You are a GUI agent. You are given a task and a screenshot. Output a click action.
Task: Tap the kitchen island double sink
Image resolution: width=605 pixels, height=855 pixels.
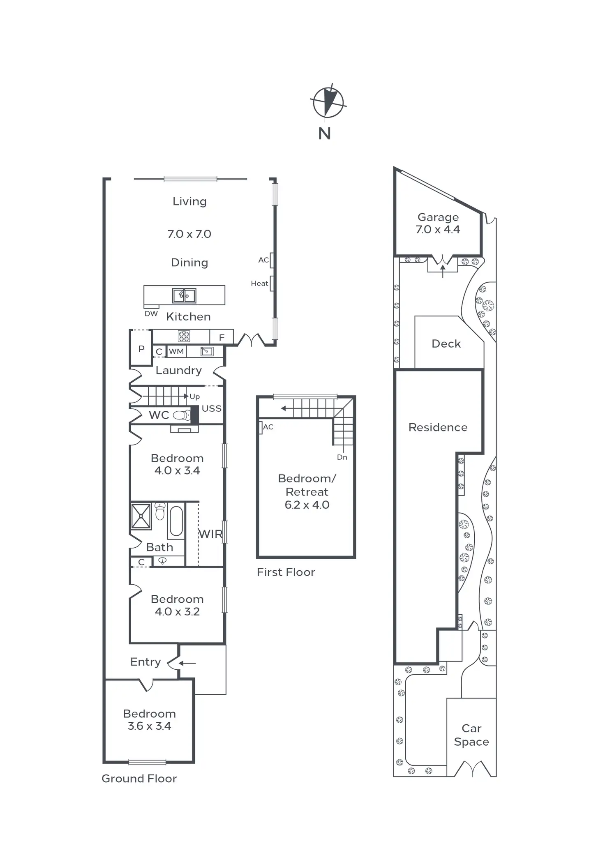[x=184, y=295]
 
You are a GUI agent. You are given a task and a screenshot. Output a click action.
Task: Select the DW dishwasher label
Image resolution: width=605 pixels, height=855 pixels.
[x=151, y=313]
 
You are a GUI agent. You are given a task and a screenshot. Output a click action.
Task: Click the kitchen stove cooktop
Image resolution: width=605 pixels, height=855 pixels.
[x=184, y=336]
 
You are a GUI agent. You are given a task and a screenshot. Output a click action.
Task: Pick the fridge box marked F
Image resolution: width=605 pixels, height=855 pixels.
[x=222, y=337]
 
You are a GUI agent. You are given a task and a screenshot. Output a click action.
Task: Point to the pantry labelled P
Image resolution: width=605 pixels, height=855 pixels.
[x=141, y=348]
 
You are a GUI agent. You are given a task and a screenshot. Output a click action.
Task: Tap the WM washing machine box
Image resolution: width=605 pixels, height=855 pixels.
[x=176, y=351]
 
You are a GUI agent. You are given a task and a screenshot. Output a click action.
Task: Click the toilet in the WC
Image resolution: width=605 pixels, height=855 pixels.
[x=182, y=415]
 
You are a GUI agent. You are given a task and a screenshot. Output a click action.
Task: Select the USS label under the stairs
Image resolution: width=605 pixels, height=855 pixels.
[x=211, y=408]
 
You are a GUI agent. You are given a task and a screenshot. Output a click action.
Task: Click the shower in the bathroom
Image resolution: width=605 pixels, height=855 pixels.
[x=141, y=516]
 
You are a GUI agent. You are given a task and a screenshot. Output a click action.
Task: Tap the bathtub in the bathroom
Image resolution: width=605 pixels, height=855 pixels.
[x=176, y=521]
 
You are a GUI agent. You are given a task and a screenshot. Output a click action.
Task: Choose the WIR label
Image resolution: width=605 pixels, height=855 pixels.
[x=210, y=534]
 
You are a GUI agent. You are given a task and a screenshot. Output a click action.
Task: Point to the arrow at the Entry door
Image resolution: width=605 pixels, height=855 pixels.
[x=187, y=663]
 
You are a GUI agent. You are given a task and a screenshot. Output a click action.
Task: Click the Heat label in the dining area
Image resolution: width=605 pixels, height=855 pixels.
[x=259, y=283]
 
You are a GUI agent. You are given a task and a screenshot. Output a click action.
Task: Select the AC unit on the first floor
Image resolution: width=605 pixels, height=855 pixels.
[x=261, y=427]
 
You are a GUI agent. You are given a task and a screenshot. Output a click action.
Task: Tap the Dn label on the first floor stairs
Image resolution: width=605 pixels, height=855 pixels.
[x=342, y=457]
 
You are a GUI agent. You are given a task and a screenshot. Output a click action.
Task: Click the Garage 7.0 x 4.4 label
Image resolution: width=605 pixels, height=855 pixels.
[x=438, y=223]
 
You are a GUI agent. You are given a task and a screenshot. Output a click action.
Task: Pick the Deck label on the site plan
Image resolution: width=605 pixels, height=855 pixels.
[x=446, y=343]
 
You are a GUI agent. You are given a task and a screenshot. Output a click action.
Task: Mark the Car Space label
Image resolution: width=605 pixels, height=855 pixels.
[x=471, y=735]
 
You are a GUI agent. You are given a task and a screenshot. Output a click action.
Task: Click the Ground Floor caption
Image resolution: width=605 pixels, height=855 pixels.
[x=139, y=779]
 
